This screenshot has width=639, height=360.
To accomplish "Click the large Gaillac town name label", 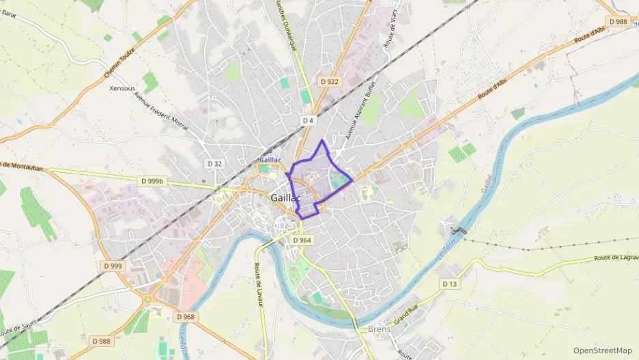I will [x=285, y=197].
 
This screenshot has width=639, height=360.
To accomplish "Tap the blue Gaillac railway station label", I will [x=270, y=159].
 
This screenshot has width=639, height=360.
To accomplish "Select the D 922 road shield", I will [x=329, y=81].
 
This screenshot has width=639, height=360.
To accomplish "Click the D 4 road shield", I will [x=308, y=120].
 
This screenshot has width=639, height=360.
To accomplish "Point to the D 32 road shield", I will [x=214, y=163].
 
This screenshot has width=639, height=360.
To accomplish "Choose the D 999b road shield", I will [x=152, y=181].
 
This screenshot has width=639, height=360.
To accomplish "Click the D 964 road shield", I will [x=302, y=240].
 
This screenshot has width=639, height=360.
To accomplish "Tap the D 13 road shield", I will [x=449, y=283].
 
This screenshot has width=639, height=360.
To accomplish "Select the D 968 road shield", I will [x=185, y=317].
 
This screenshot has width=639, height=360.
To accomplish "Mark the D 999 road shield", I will [x=113, y=265].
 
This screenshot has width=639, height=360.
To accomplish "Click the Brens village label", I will [x=379, y=329].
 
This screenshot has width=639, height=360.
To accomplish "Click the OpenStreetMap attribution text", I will [x=602, y=350].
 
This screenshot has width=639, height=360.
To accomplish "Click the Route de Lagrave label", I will [x=616, y=258].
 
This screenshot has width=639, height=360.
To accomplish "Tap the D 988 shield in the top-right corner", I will [x=618, y=21].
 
